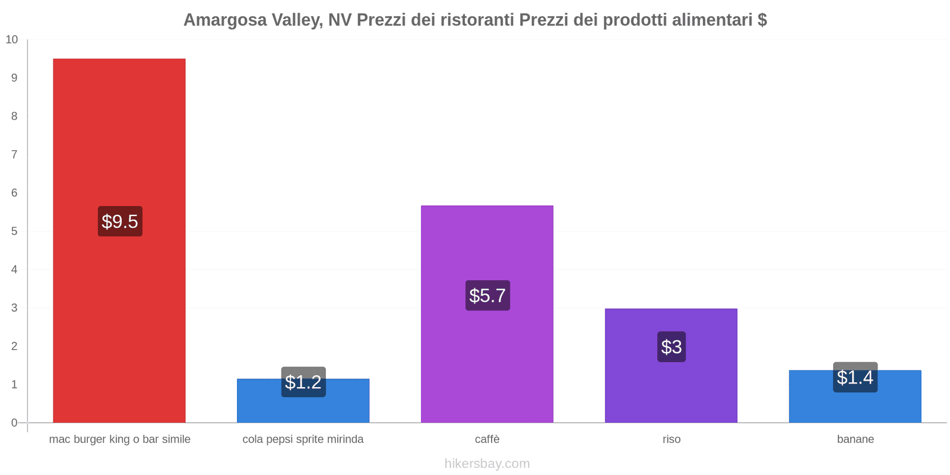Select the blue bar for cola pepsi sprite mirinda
click(x=303, y=410)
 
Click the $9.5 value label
click(x=120, y=221)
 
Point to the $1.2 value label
click(x=303, y=382)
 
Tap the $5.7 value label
click(x=487, y=295)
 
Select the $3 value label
click(x=672, y=347)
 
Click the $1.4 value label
click(x=855, y=377)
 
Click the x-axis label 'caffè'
click(x=487, y=439)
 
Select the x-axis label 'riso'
click(x=672, y=439)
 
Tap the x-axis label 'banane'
click(x=855, y=439)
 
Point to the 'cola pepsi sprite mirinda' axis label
click(x=303, y=439)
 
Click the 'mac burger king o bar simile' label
click(x=120, y=439)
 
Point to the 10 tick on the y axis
click(x=12, y=40)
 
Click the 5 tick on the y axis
click(x=14, y=231)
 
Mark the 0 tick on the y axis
click(x=14, y=423)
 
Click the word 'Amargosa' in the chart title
click(x=223, y=20)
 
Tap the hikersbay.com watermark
click(x=487, y=464)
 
